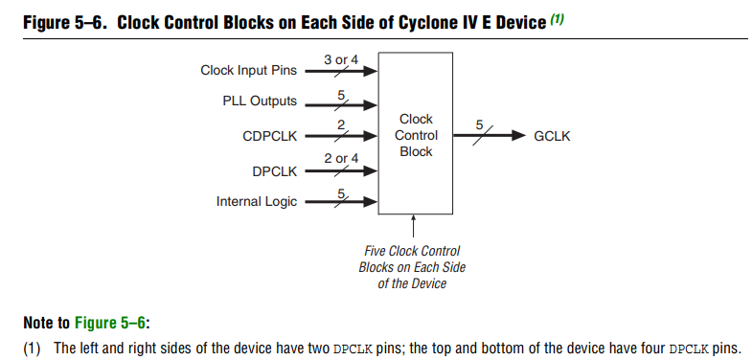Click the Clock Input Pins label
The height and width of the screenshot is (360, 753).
click(248, 71)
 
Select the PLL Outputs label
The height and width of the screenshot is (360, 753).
click(260, 101)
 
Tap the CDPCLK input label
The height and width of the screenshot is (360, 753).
click(270, 136)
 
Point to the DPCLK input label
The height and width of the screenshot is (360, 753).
click(275, 171)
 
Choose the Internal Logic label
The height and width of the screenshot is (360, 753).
click(257, 202)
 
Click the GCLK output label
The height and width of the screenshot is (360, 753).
click(552, 136)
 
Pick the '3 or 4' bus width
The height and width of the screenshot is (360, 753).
click(341, 60)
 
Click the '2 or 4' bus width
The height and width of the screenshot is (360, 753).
click(341, 158)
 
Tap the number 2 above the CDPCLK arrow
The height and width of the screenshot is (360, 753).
click(341, 125)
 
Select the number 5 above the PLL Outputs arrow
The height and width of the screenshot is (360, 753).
click(341, 95)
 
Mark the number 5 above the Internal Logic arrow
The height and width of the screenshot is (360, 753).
click(341, 194)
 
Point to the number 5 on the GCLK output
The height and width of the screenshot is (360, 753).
click(479, 124)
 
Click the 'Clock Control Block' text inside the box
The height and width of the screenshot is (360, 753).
click(416, 135)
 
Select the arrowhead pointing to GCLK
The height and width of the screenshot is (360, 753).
click(518, 136)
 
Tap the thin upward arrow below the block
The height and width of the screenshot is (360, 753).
click(413, 226)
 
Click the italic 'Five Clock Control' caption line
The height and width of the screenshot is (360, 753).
click(412, 251)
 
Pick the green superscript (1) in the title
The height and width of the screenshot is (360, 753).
click(557, 20)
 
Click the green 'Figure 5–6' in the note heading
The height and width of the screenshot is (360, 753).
click(109, 323)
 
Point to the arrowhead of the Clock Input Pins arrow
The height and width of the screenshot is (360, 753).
click(370, 71)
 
